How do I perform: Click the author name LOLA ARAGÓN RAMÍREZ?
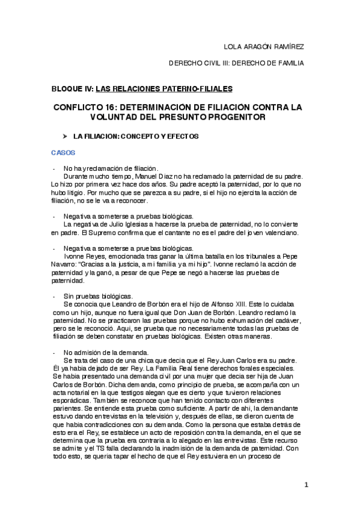[x=264, y=47]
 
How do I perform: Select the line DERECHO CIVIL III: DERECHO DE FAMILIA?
[x=236, y=63]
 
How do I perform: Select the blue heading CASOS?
[x=63, y=153]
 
